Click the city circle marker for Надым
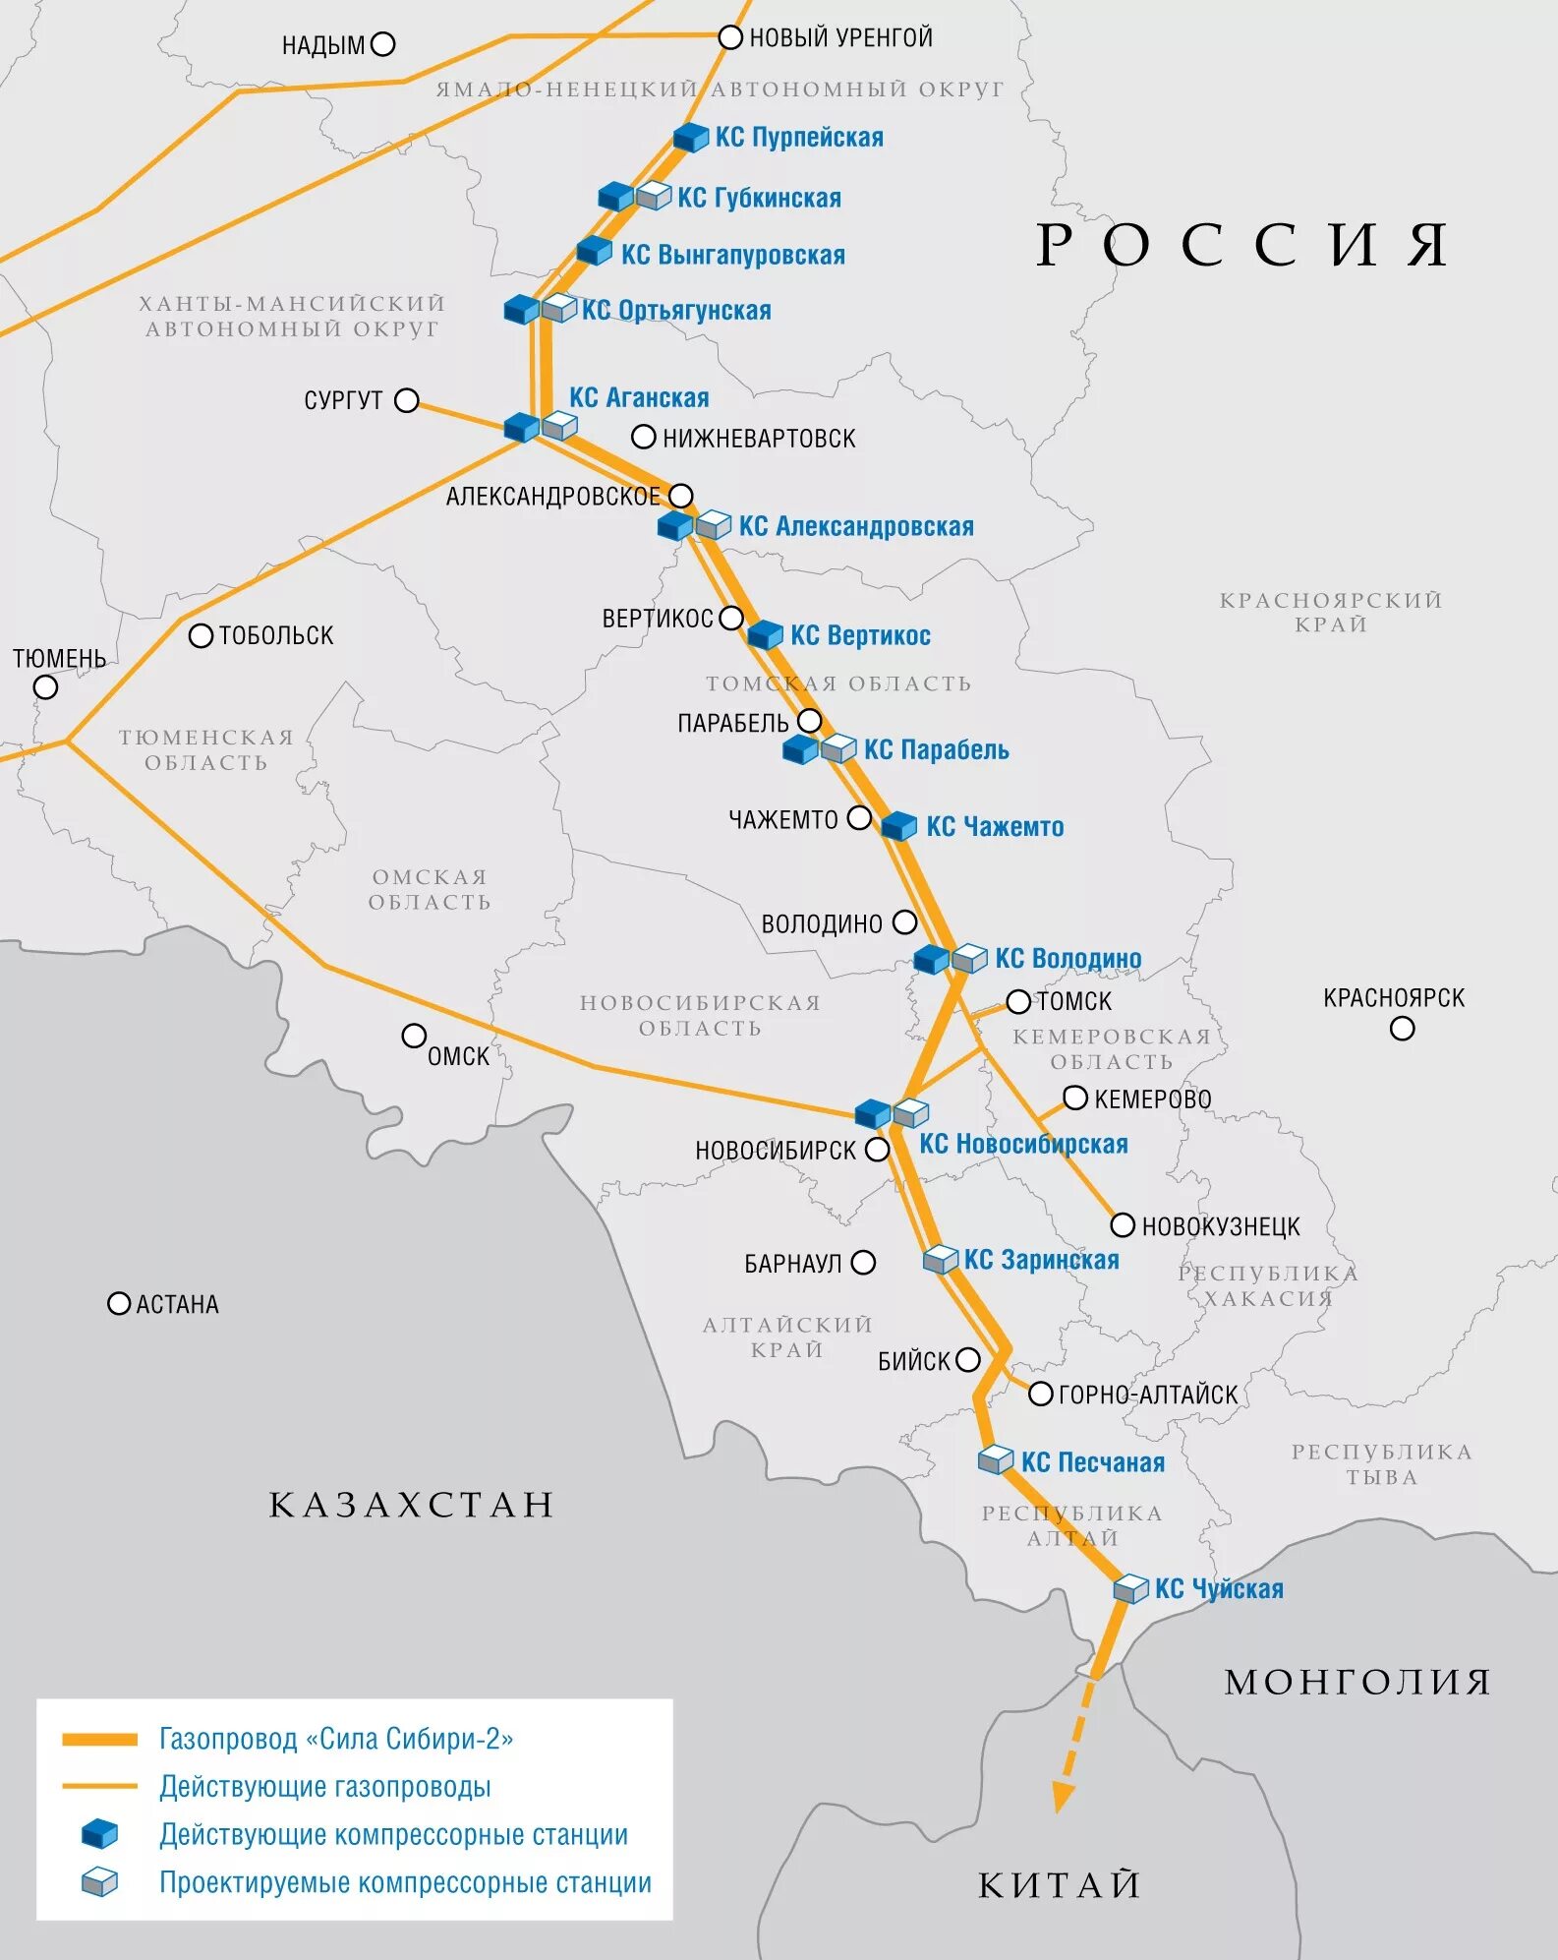point(383,44)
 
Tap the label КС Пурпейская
point(798,138)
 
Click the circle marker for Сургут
point(406,400)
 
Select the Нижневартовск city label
point(758,439)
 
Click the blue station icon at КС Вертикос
point(765,635)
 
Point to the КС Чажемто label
point(995,827)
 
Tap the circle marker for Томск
point(1018,1002)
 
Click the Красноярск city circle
point(1402,1029)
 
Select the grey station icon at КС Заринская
point(941,1260)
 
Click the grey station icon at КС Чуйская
point(1130,1589)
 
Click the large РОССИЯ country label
point(1242,245)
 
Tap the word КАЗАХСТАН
point(412,1506)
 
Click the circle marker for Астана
point(119,1304)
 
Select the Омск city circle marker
point(414,1036)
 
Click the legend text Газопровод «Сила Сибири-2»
point(336,1740)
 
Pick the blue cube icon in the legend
point(99,1834)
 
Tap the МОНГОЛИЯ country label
point(1357,1683)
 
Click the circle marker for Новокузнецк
point(1123,1225)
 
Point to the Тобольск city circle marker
point(201,636)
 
